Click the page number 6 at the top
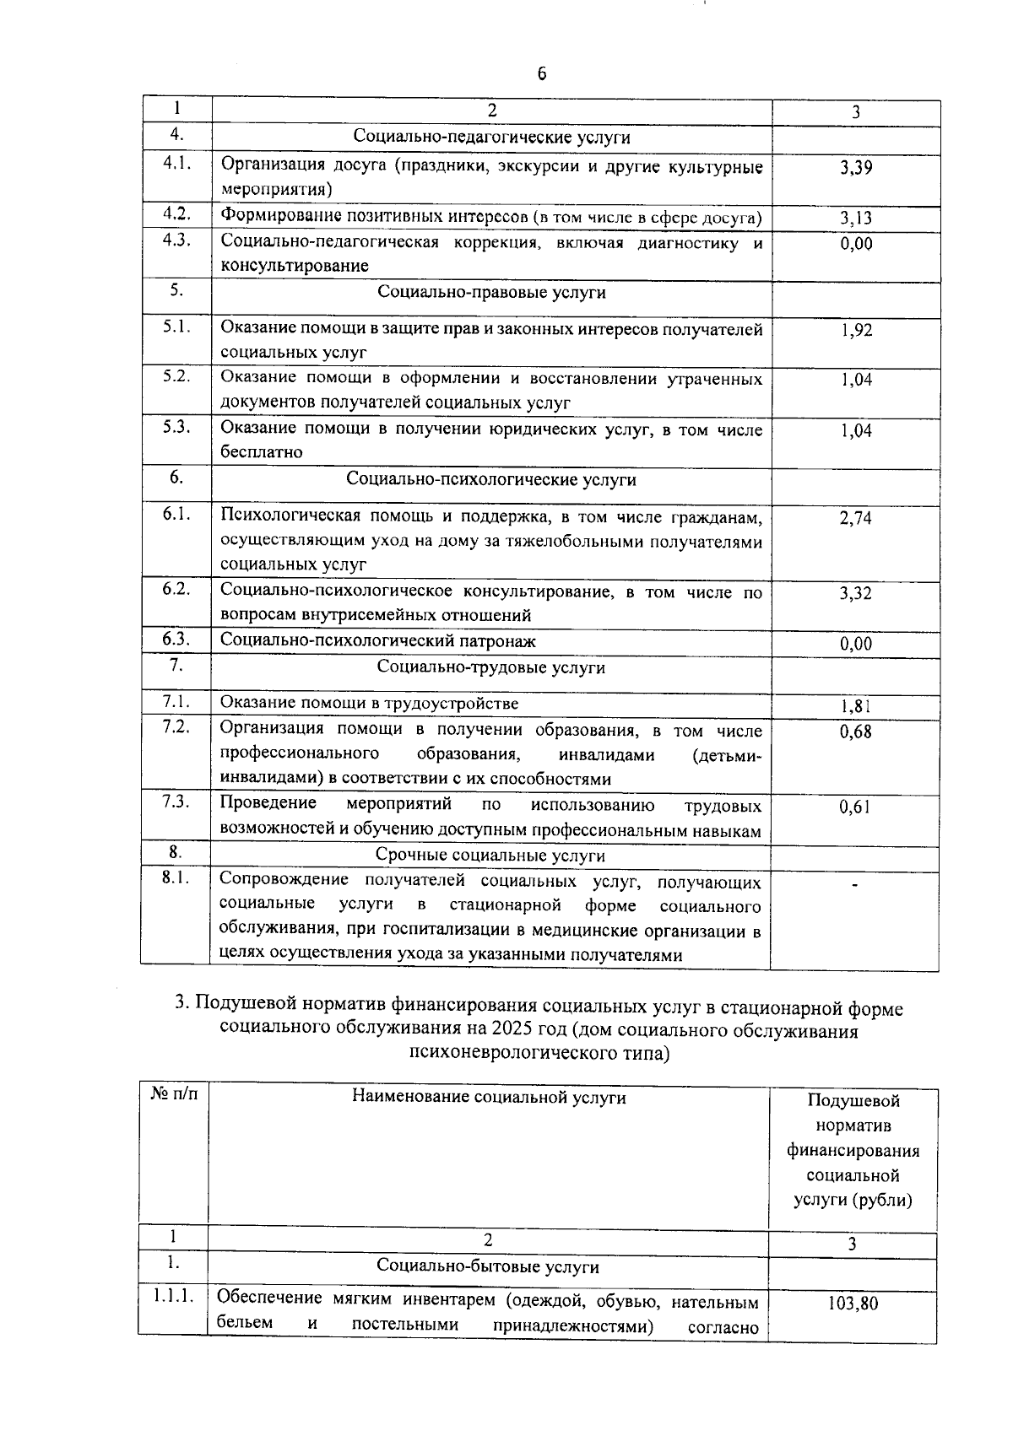pyautogui.click(x=542, y=73)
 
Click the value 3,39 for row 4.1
pyautogui.click(x=855, y=167)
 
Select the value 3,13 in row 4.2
pyautogui.click(x=855, y=219)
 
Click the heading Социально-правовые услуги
pyautogui.click(x=491, y=292)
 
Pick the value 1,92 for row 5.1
pyautogui.click(x=856, y=330)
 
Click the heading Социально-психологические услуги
pyautogui.click(x=491, y=479)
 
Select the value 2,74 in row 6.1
pyautogui.click(x=855, y=518)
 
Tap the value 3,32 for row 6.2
pyautogui.click(x=855, y=593)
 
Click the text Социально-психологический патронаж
pyautogui.click(x=377, y=640)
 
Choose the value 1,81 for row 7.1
pyautogui.click(x=855, y=707)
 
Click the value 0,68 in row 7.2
pyautogui.click(x=855, y=731)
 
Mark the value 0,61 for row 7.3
pyautogui.click(x=854, y=807)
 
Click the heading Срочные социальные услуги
pyautogui.click(x=490, y=856)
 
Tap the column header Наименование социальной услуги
pyautogui.click(x=489, y=1097)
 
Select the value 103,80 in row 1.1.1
pyautogui.click(x=853, y=1304)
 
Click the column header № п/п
pyautogui.click(x=174, y=1094)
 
